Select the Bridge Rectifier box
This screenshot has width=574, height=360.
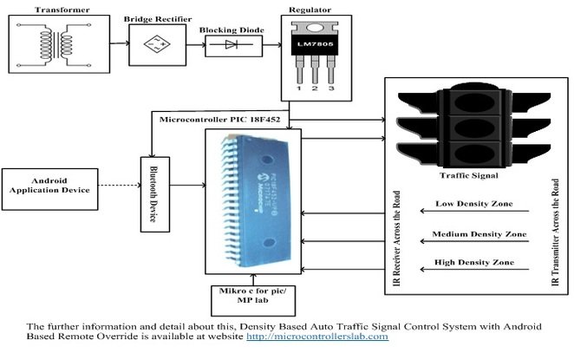click(156, 44)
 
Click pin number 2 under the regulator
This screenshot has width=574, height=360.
click(316, 89)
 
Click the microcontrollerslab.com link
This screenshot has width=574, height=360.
click(317, 336)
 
